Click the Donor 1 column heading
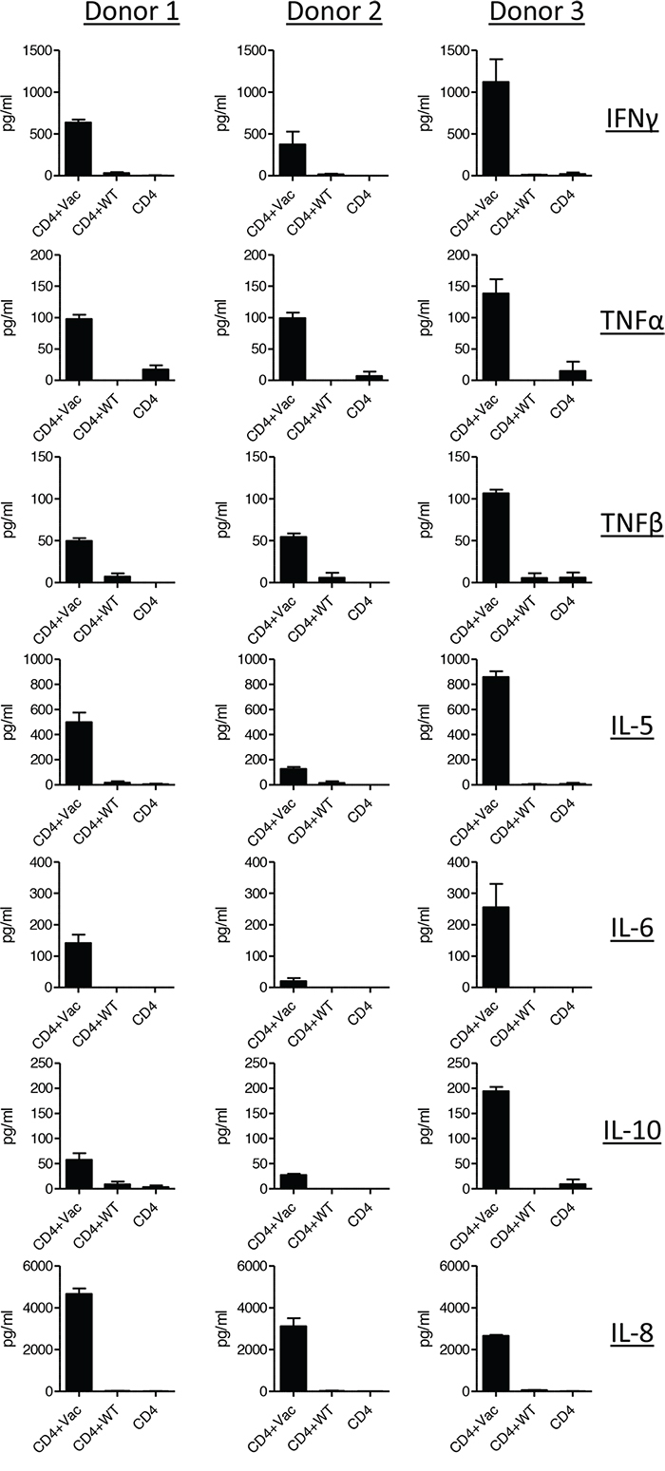131,12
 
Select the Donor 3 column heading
537,12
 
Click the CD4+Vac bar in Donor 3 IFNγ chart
496,129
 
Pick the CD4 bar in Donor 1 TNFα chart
156,374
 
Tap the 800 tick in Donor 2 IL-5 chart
256,684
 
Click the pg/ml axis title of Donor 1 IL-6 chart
9,925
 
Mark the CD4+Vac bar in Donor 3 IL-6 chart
496,947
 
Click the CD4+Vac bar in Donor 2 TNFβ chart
294,559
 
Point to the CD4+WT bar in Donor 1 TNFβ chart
118,579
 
